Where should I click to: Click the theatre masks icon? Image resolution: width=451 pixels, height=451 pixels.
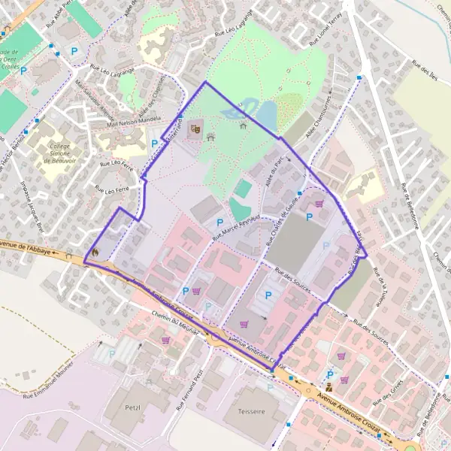(195, 129)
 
